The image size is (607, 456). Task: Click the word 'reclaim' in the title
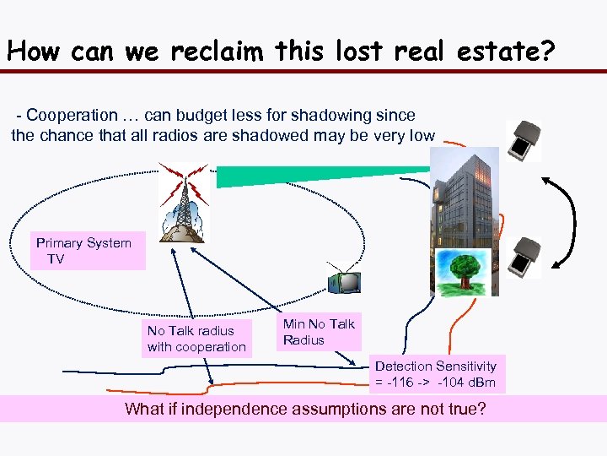point(218,52)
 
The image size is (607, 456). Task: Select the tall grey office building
point(465,211)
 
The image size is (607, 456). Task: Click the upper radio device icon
point(527,140)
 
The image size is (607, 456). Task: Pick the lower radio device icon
point(529,257)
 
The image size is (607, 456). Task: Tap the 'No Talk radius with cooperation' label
point(196,339)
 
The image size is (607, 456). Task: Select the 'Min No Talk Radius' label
point(319,332)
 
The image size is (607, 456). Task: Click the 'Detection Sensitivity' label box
point(436,374)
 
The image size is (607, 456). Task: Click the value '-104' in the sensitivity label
point(452,383)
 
